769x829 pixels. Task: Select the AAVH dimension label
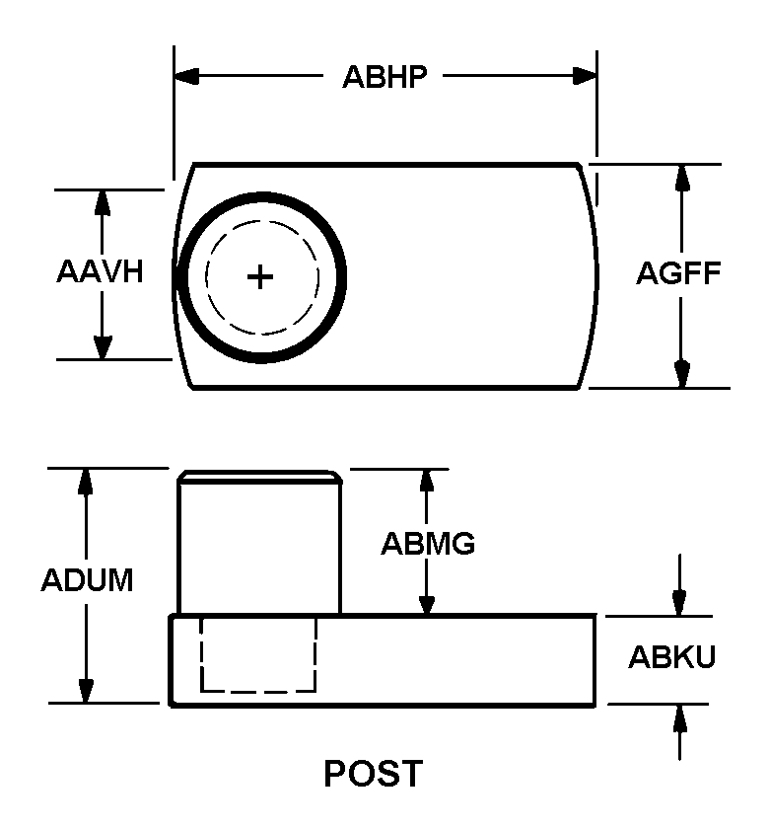pyautogui.click(x=100, y=271)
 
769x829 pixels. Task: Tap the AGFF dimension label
pyautogui.click(x=678, y=273)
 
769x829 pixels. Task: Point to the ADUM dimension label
pyautogui.click(x=87, y=580)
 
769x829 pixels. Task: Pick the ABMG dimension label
pyautogui.click(x=428, y=544)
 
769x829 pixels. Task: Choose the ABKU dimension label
pyautogui.click(x=671, y=657)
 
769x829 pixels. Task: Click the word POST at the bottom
pyautogui.click(x=374, y=774)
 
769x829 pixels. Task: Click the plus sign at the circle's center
pyautogui.click(x=260, y=277)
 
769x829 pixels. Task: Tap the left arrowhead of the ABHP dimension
pyautogui.click(x=186, y=76)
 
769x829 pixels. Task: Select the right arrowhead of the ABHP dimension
pyautogui.click(x=585, y=76)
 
